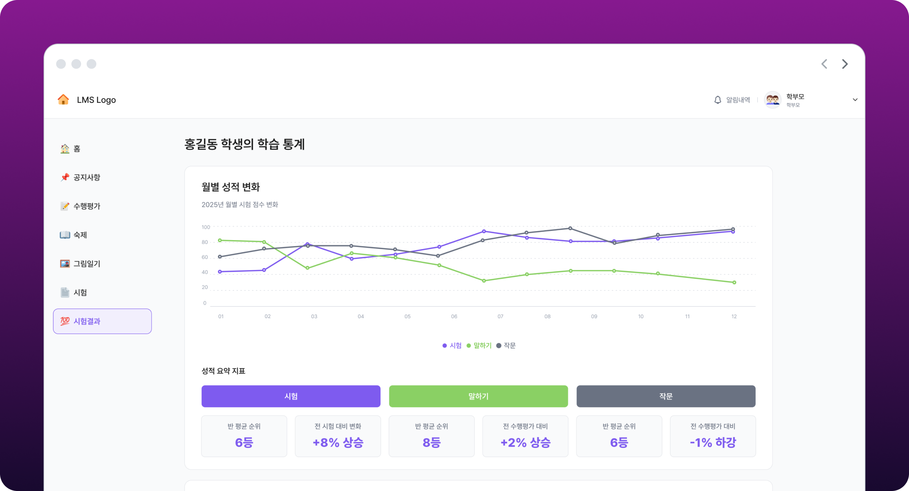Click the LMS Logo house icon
(63, 100)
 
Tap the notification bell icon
(717, 100)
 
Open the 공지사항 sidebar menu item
(86, 177)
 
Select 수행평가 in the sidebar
(86, 206)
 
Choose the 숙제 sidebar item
(80, 235)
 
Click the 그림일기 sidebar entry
(86, 264)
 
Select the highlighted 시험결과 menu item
(102, 321)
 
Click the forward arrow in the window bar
(845, 64)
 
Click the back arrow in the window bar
(824, 64)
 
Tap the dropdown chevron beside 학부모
(855, 100)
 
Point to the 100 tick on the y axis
(206, 227)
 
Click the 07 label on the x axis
(500, 316)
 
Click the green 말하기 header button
(478, 396)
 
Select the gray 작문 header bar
(665, 396)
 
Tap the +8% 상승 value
(338, 442)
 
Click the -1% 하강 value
(713, 442)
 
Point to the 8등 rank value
(431, 442)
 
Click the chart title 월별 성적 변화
(231, 187)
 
